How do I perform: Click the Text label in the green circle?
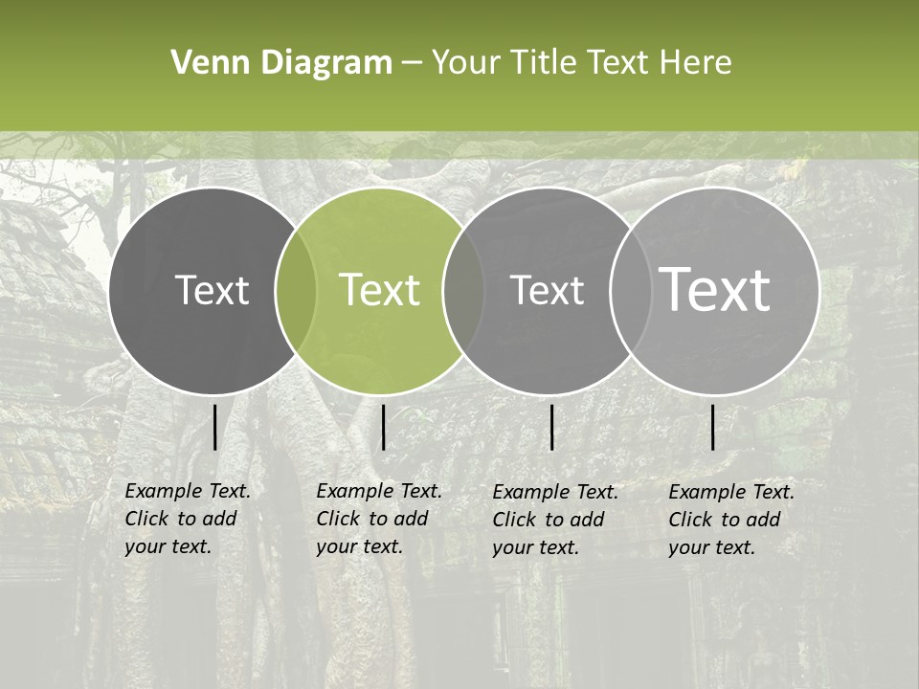point(380,290)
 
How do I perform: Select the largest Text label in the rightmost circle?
point(715,290)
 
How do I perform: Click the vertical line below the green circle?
point(383,427)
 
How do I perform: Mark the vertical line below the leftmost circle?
point(214,427)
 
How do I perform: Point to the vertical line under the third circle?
point(551,427)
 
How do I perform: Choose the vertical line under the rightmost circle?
point(712,427)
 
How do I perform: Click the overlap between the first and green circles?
point(296,291)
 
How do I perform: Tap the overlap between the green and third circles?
point(463,291)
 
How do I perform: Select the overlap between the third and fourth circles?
point(630,291)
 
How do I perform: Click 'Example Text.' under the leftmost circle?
point(188,491)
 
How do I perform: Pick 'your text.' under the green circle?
point(359,546)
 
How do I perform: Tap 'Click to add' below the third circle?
point(549,520)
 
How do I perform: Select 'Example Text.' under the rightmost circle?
point(731,492)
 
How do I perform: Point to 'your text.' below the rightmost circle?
point(711,547)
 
